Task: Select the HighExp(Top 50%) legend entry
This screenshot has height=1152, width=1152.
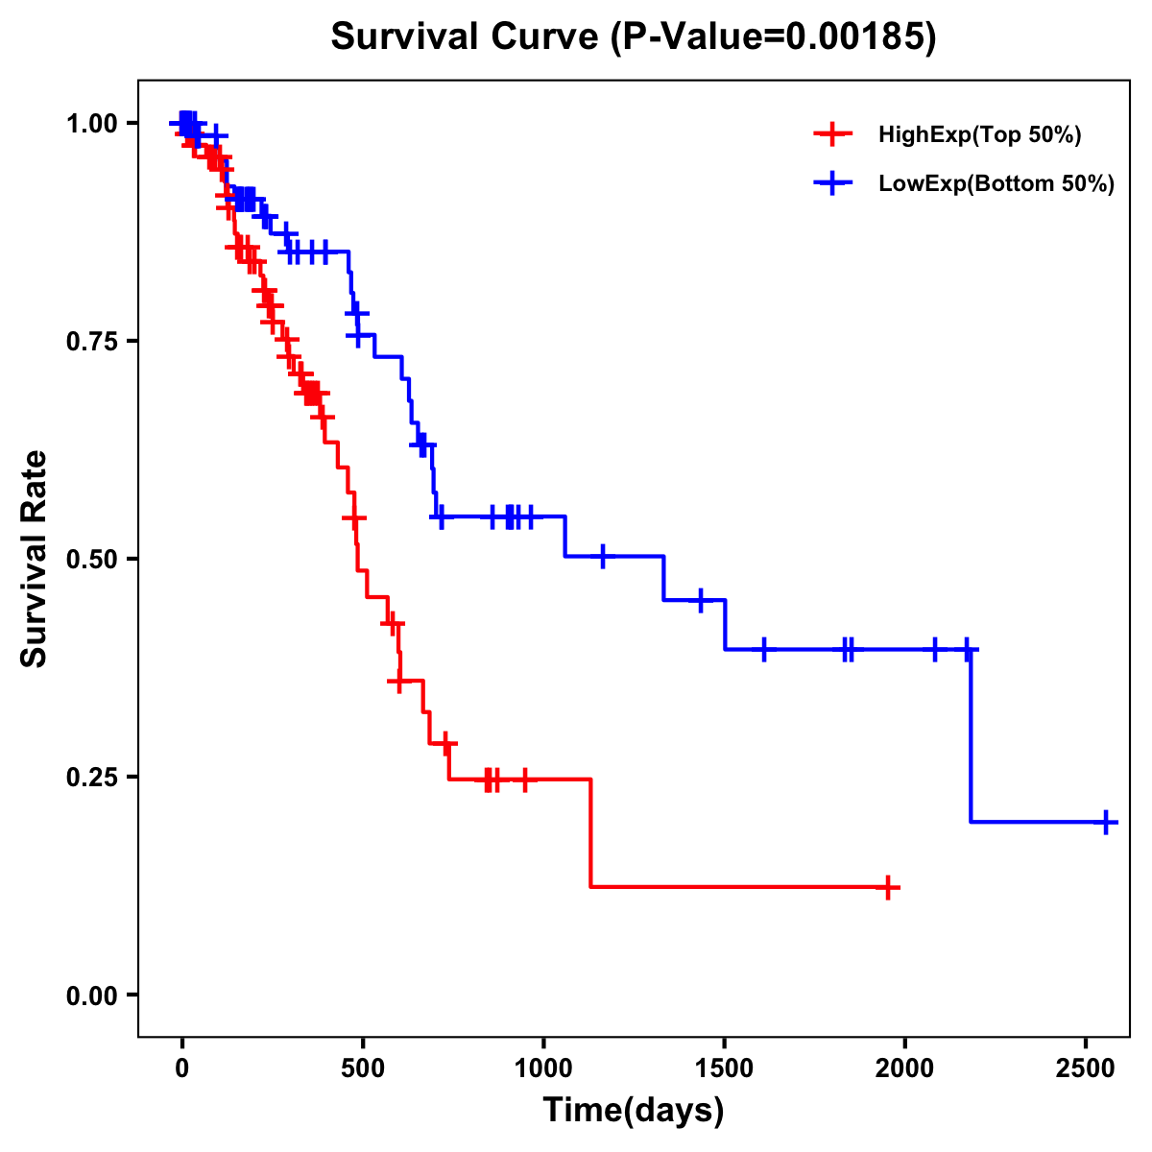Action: pos(979,135)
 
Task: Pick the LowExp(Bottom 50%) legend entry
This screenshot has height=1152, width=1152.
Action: pos(996,183)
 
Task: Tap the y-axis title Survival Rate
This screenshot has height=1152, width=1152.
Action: pos(35,558)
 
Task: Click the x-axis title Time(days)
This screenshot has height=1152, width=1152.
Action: pos(634,1111)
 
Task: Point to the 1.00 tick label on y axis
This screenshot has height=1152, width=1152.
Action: pos(91,123)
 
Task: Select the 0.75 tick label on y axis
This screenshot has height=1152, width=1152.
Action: pos(91,341)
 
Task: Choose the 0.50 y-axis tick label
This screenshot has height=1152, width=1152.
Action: pos(91,559)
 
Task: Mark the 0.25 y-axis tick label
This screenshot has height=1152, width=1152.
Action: pos(91,777)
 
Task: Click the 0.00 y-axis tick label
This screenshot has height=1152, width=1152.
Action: pos(91,995)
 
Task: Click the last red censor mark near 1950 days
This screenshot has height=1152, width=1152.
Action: pos(889,887)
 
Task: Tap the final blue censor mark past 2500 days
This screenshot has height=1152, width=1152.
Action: pos(1106,823)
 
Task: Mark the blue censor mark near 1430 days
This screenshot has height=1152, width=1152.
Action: pos(701,600)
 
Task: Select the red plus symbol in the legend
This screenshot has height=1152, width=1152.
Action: pos(832,135)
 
